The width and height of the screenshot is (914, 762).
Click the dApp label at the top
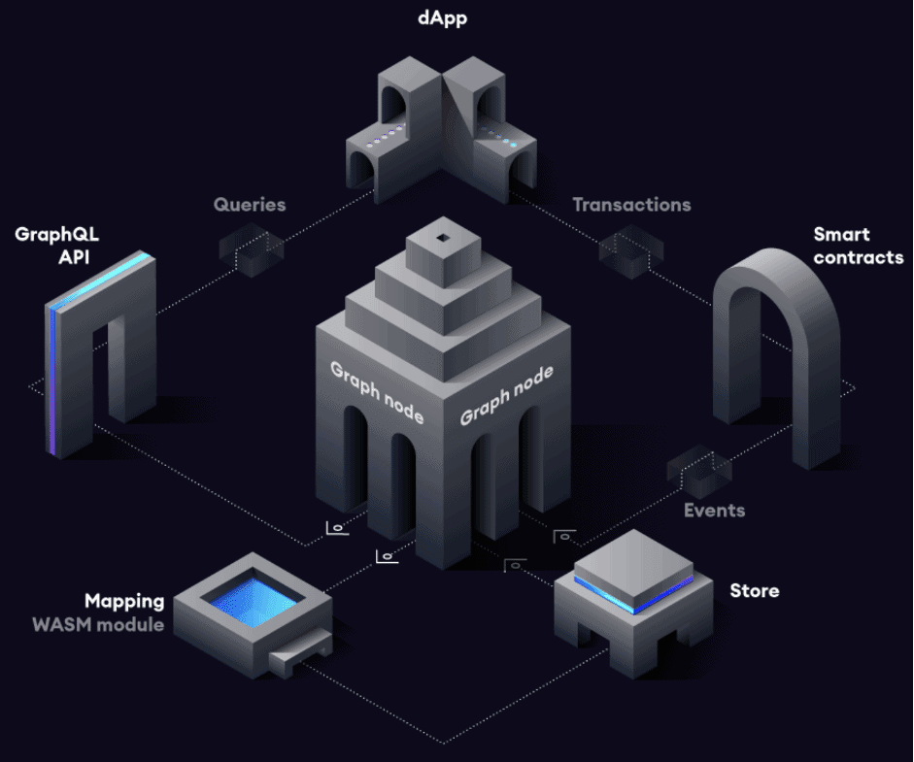pyautogui.click(x=442, y=18)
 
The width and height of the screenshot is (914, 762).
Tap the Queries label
pyautogui.click(x=250, y=205)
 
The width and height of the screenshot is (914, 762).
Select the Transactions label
pyautogui.click(x=631, y=205)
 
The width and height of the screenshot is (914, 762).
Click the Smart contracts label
pyautogui.click(x=858, y=246)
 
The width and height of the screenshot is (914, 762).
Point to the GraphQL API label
pyautogui.click(x=57, y=246)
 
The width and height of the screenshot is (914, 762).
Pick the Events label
pyautogui.click(x=714, y=511)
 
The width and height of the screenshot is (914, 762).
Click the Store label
pyautogui.click(x=755, y=590)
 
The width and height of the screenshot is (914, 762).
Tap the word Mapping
pyautogui.click(x=124, y=602)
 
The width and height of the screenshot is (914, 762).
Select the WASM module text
pyautogui.click(x=98, y=624)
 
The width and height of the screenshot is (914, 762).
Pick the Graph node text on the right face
pyautogui.click(x=506, y=393)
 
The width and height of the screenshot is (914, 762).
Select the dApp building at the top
pyautogui.click(x=442, y=126)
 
